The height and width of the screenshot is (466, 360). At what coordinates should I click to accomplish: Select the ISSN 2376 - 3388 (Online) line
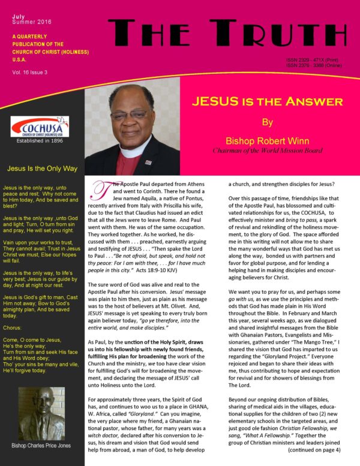[314, 65]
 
